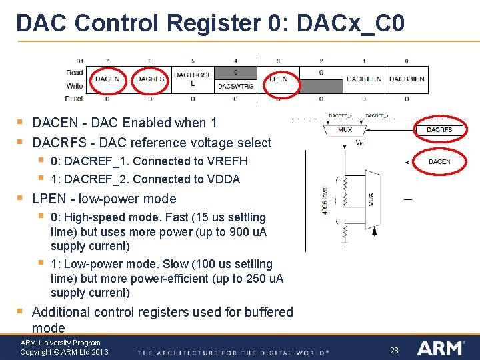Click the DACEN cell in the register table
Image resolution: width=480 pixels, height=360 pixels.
pyautogui.click(x=107, y=79)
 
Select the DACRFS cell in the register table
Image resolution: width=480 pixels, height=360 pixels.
pyautogui.click(x=150, y=79)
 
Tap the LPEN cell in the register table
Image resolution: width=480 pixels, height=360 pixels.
pyautogui.click(x=278, y=79)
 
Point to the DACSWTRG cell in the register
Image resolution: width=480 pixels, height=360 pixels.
pyautogui.click(x=235, y=86)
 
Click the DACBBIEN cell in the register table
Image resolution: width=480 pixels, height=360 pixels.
pyautogui.click(x=407, y=79)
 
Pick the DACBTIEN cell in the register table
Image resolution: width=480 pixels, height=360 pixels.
pyautogui.click(x=364, y=79)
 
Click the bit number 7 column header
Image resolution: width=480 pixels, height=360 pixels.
pyautogui.click(x=107, y=60)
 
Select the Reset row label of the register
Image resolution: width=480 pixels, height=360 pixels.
pyautogui.click(x=74, y=98)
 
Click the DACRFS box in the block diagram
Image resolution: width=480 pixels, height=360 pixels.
pyautogui.click(x=439, y=129)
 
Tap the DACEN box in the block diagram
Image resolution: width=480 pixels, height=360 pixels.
pyautogui.click(x=439, y=161)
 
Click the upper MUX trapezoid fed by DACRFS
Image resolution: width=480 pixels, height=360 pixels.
pyautogui.click(x=345, y=129)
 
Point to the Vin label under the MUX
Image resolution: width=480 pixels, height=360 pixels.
pyautogui.click(x=359, y=142)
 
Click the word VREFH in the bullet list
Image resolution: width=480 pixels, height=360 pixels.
pyautogui.click(x=226, y=161)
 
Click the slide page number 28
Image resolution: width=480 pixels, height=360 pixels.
pyautogui.click(x=394, y=350)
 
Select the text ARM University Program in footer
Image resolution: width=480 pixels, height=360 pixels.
pyautogui.click(x=60, y=343)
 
